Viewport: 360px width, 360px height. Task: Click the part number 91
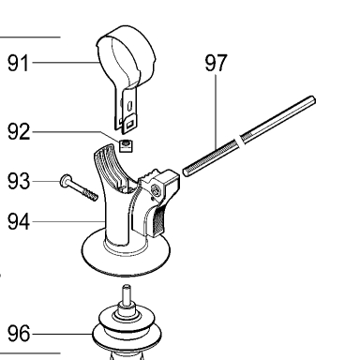click(18, 63)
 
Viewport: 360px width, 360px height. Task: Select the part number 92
click(19, 131)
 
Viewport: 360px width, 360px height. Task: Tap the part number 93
click(19, 181)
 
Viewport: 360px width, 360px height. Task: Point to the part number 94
click(19, 221)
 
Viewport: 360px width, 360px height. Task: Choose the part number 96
click(19, 334)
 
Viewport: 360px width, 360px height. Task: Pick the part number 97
click(216, 63)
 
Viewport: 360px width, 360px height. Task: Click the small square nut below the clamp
click(126, 146)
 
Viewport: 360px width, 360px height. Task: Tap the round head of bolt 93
click(66, 181)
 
